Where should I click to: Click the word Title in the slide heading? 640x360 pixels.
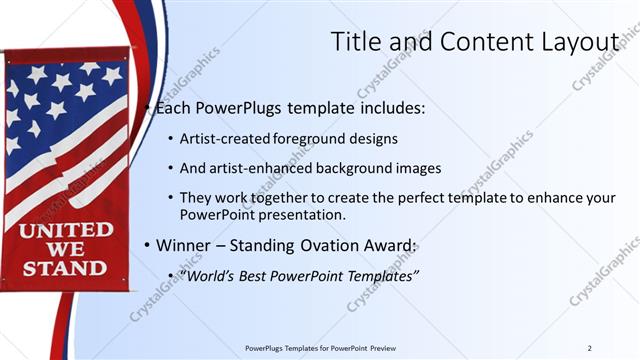(356, 41)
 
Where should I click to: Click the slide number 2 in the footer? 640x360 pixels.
(590, 347)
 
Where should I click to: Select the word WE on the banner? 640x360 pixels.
(64, 249)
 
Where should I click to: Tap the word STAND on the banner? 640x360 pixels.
(64, 268)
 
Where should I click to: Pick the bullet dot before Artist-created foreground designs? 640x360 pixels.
(170, 138)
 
